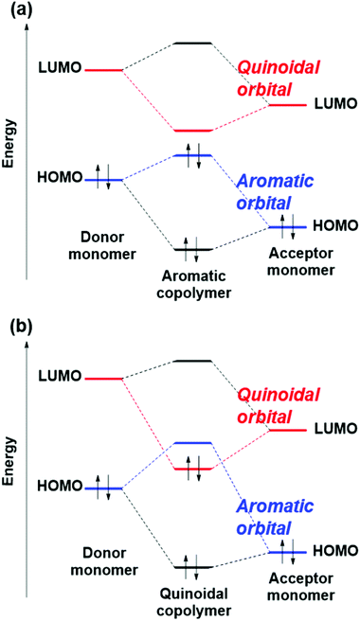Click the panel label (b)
[x=21, y=328]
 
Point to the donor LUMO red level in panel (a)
[x=103, y=69]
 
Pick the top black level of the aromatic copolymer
[x=192, y=44]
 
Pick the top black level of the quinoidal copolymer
[x=192, y=361]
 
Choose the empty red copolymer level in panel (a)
[x=192, y=130]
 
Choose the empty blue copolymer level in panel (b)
[x=192, y=443]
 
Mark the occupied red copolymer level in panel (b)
[x=192, y=468]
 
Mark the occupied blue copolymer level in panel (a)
[x=192, y=155]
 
